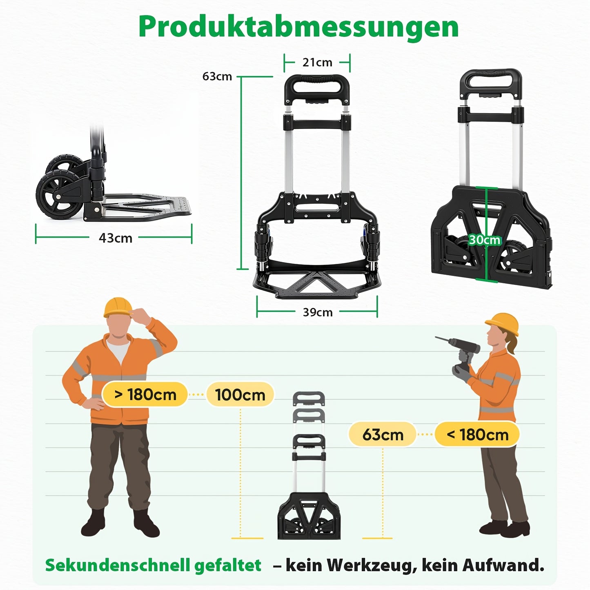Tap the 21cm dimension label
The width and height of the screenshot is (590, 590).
pos(317,62)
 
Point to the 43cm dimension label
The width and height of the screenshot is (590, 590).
pos(116,238)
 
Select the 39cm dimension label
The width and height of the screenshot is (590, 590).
pos(318,312)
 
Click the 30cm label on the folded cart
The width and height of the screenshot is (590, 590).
pos(485,240)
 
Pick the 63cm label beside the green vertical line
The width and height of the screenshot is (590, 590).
pos(217,76)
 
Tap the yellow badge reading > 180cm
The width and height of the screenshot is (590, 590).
pos(145,395)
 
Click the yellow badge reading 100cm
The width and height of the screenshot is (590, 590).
pos(240,395)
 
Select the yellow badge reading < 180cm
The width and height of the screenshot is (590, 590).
pos(477,434)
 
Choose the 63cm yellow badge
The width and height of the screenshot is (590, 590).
pos(383,434)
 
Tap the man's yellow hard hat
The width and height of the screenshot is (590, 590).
pos(118,307)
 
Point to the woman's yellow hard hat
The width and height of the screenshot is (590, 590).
pos(502,324)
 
